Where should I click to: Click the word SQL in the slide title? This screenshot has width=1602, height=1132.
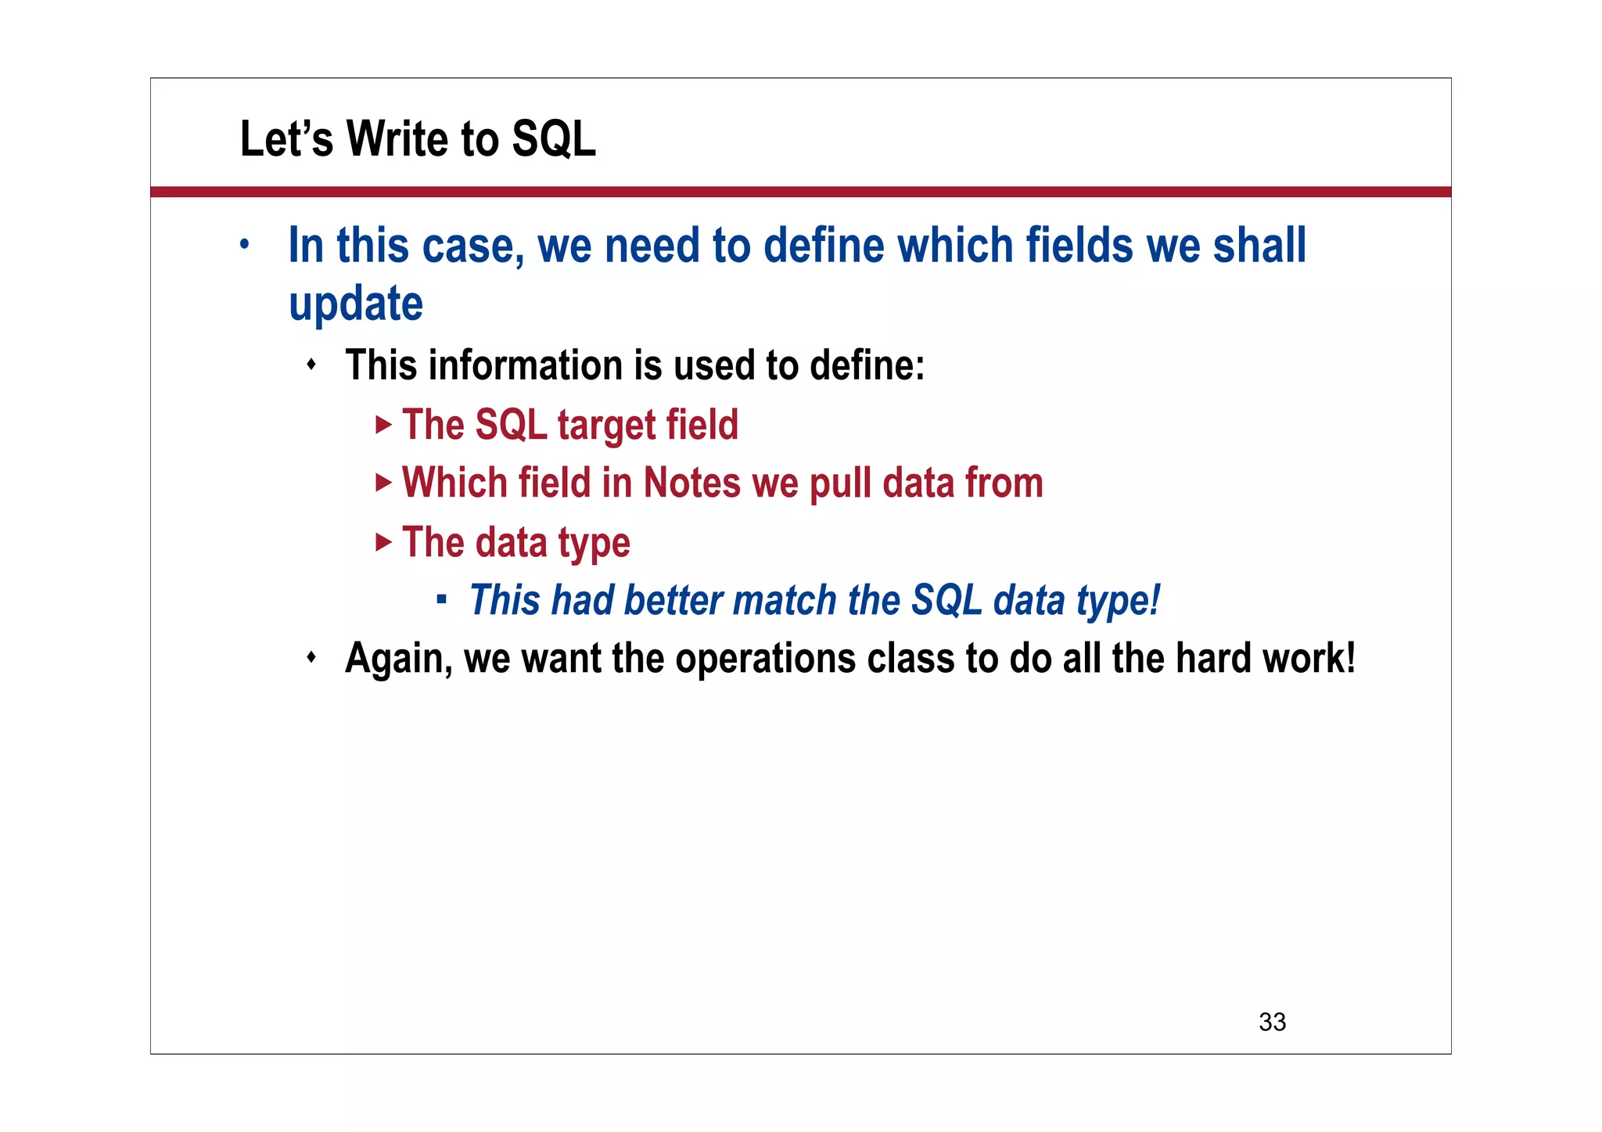point(553,139)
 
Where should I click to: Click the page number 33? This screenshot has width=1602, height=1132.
point(1272,1022)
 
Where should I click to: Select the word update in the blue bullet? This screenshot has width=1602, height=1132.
point(356,304)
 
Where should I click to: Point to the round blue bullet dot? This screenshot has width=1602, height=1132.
point(245,245)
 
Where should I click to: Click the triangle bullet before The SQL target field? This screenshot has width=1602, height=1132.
point(383,425)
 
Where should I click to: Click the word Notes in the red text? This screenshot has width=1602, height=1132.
point(691,483)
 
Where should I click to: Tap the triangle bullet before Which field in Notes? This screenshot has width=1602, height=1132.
point(383,483)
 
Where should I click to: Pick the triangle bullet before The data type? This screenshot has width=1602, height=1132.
point(383,541)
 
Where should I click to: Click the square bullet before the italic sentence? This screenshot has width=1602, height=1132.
point(442,600)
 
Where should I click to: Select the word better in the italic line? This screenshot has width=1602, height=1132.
point(673,600)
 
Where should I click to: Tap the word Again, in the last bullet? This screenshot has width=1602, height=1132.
point(398,658)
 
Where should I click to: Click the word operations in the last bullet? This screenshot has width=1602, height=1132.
point(765,659)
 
